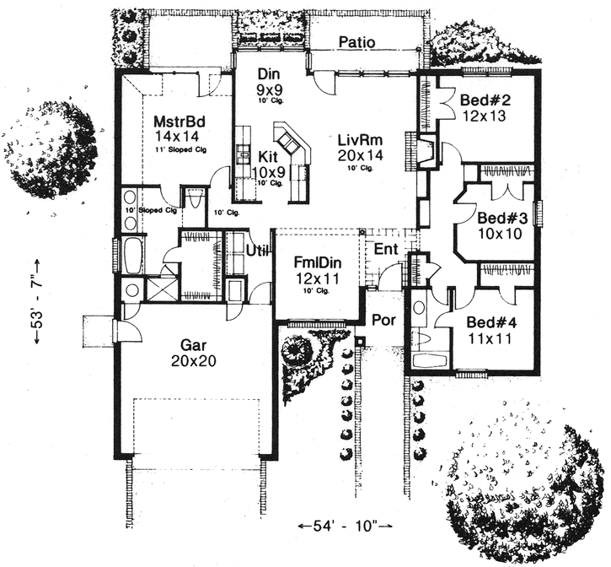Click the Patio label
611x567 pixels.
356,42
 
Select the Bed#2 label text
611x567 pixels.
482,100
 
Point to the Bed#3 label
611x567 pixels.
503,218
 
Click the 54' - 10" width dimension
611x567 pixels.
346,526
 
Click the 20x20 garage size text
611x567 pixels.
194,361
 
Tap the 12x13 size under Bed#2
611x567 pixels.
483,116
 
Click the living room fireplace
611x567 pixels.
426,153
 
